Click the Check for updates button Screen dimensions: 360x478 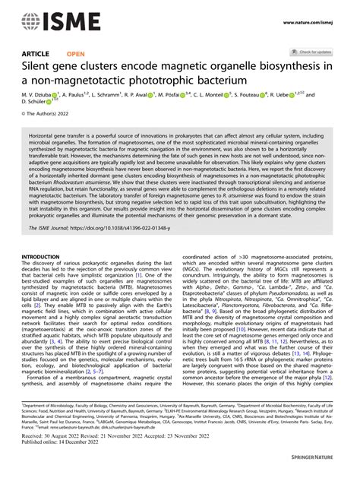[x=311, y=52]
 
